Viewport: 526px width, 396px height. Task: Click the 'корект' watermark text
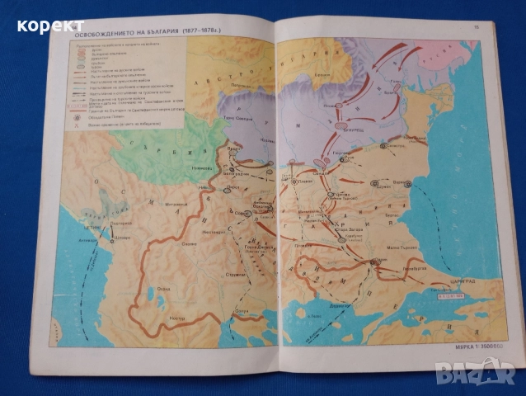49,26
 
